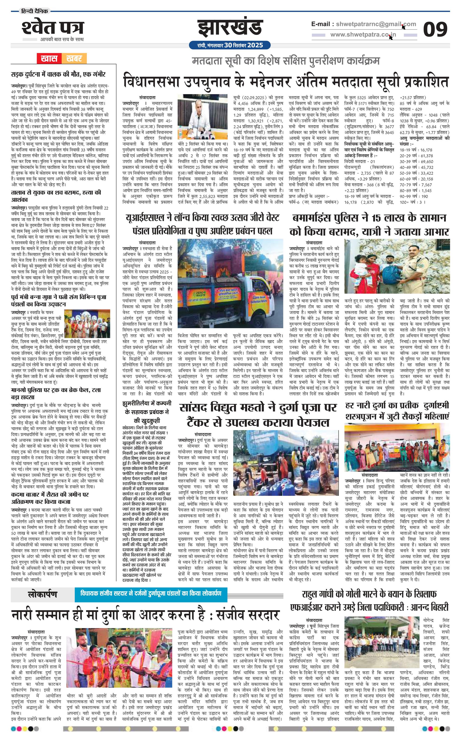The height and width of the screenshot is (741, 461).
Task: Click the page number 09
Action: [x=435, y=29]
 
